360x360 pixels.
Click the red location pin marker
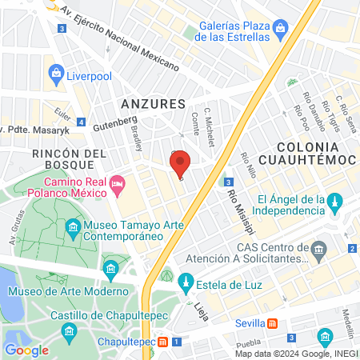coord(180,164)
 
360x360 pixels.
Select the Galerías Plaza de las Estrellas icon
coord(280,30)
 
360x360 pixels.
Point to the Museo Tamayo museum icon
coord(73,230)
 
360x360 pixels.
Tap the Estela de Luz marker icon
coord(185,282)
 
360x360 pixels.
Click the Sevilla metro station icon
coord(272,324)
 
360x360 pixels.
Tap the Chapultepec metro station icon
coord(163,342)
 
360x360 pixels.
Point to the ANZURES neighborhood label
coord(152,104)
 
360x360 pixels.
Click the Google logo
coord(26,350)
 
